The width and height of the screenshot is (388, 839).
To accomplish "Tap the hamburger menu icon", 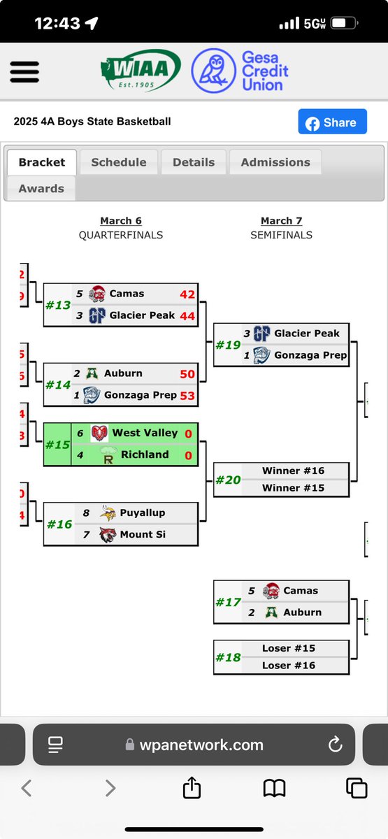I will tap(24, 71).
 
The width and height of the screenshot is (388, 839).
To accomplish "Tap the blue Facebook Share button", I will tap(332, 122).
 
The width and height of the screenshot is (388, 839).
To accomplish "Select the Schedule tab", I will tap(119, 162).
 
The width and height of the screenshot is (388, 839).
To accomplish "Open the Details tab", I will tap(194, 162).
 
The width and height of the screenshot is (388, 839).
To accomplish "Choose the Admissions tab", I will tap(275, 162).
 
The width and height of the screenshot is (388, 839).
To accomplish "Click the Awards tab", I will tap(41, 189).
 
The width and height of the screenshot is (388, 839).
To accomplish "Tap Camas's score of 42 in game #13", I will tap(187, 294).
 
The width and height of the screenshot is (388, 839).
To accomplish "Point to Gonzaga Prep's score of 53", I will tap(187, 396).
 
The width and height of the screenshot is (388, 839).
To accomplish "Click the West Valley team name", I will tap(145, 433).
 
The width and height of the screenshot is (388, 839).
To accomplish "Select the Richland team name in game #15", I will tap(145, 454).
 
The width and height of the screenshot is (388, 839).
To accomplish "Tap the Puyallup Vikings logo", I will tap(108, 513).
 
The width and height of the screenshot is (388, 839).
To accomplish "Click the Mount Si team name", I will tap(142, 534).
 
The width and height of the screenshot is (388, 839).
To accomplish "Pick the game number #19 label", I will tap(228, 345).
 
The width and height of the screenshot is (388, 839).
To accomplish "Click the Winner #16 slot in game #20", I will tap(293, 471).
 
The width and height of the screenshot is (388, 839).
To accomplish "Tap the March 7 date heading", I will tap(281, 221).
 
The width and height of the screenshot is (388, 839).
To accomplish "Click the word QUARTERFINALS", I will tap(121, 235).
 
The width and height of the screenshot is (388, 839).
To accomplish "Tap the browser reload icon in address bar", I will tap(335, 745).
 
